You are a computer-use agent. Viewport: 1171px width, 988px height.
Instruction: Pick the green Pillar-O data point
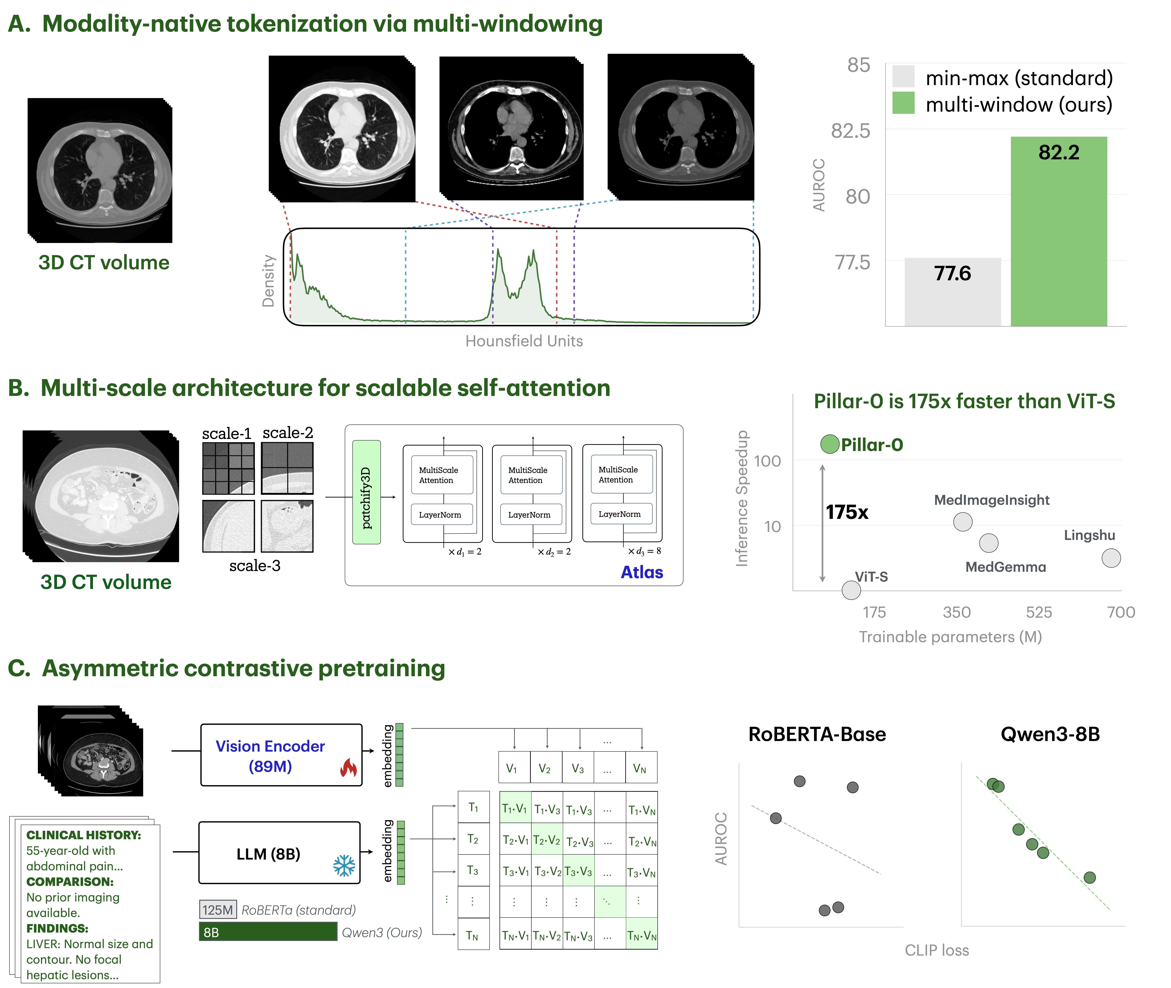point(829,444)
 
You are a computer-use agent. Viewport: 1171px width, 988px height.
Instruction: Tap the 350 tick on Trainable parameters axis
point(957,612)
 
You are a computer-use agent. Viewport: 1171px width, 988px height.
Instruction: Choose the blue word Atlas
point(642,572)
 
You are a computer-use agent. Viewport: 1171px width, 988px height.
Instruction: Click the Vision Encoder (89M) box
point(281,755)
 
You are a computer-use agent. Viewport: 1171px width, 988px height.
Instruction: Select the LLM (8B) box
point(279,852)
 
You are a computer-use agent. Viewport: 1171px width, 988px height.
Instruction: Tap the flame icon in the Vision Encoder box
point(348,767)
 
